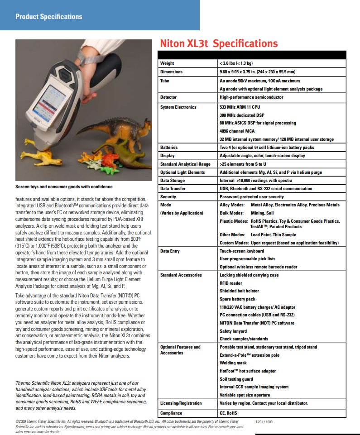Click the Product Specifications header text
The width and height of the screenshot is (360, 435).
pyautogui.click(x=49, y=17)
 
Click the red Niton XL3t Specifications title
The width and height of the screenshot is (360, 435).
pyautogui.click(x=219, y=43)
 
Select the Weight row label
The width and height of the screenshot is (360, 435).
pyautogui.click(x=167, y=63)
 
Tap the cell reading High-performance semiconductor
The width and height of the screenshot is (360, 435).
pyautogui.click(x=251, y=97)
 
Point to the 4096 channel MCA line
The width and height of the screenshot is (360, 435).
pyautogui.click(x=237, y=131)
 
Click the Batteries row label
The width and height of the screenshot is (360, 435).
pyautogui.click(x=169, y=147)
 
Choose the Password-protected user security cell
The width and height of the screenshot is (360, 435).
pyautogui.click(x=251, y=197)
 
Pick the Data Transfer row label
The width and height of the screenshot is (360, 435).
pyautogui.click(x=173, y=189)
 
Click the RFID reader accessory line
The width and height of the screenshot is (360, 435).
pyautogui.click(x=230, y=283)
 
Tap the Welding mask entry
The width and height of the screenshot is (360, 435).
pyautogui.click(x=233, y=363)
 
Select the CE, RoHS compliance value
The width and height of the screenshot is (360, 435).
pyautogui.click(x=228, y=413)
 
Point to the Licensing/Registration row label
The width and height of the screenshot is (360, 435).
pyautogui.click(x=181, y=403)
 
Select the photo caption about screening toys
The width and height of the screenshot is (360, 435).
pyautogui.click(x=64, y=186)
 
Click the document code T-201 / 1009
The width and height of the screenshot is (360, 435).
pyautogui.click(x=264, y=422)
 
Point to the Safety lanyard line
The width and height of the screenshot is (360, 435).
pyautogui.click(x=233, y=331)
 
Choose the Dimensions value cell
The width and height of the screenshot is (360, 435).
pyautogui.click(x=257, y=72)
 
